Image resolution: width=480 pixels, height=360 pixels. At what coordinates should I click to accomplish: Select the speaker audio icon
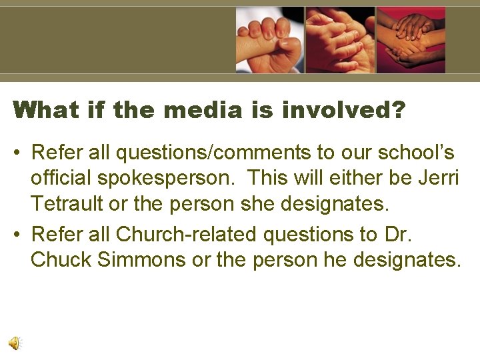coord(15,343)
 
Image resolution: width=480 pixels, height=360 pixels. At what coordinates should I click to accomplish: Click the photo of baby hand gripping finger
coord(269,40)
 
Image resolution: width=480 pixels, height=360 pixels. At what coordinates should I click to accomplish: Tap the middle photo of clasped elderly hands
coord(340,40)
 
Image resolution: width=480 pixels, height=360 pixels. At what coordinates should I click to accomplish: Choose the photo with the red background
coord(411,40)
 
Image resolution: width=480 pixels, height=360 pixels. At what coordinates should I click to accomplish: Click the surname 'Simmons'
coord(141,259)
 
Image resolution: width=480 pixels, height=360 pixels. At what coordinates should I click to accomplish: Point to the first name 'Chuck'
coord(61,259)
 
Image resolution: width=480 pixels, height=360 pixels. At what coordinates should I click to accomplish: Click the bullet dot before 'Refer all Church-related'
coord(18,235)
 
